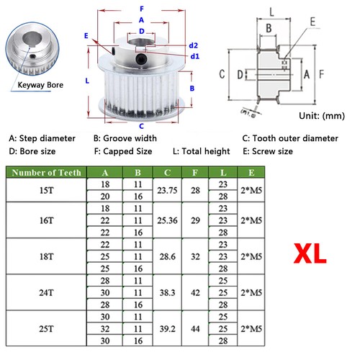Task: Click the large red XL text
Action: click(310, 253)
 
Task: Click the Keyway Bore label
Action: click(42, 84)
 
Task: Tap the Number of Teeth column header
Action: click(46, 172)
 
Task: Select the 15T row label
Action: click(46, 190)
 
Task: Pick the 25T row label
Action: click(46, 328)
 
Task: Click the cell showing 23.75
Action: click(166, 190)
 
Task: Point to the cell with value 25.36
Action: click(166, 219)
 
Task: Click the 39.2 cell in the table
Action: click(166, 328)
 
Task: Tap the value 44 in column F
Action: click(195, 328)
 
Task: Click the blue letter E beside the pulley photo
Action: click(86, 35)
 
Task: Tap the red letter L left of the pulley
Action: click(86, 81)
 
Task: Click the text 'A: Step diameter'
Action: click(42, 138)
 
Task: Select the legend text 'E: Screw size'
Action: click(267, 151)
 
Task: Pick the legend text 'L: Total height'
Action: click(201, 151)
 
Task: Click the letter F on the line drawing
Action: click(322, 74)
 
